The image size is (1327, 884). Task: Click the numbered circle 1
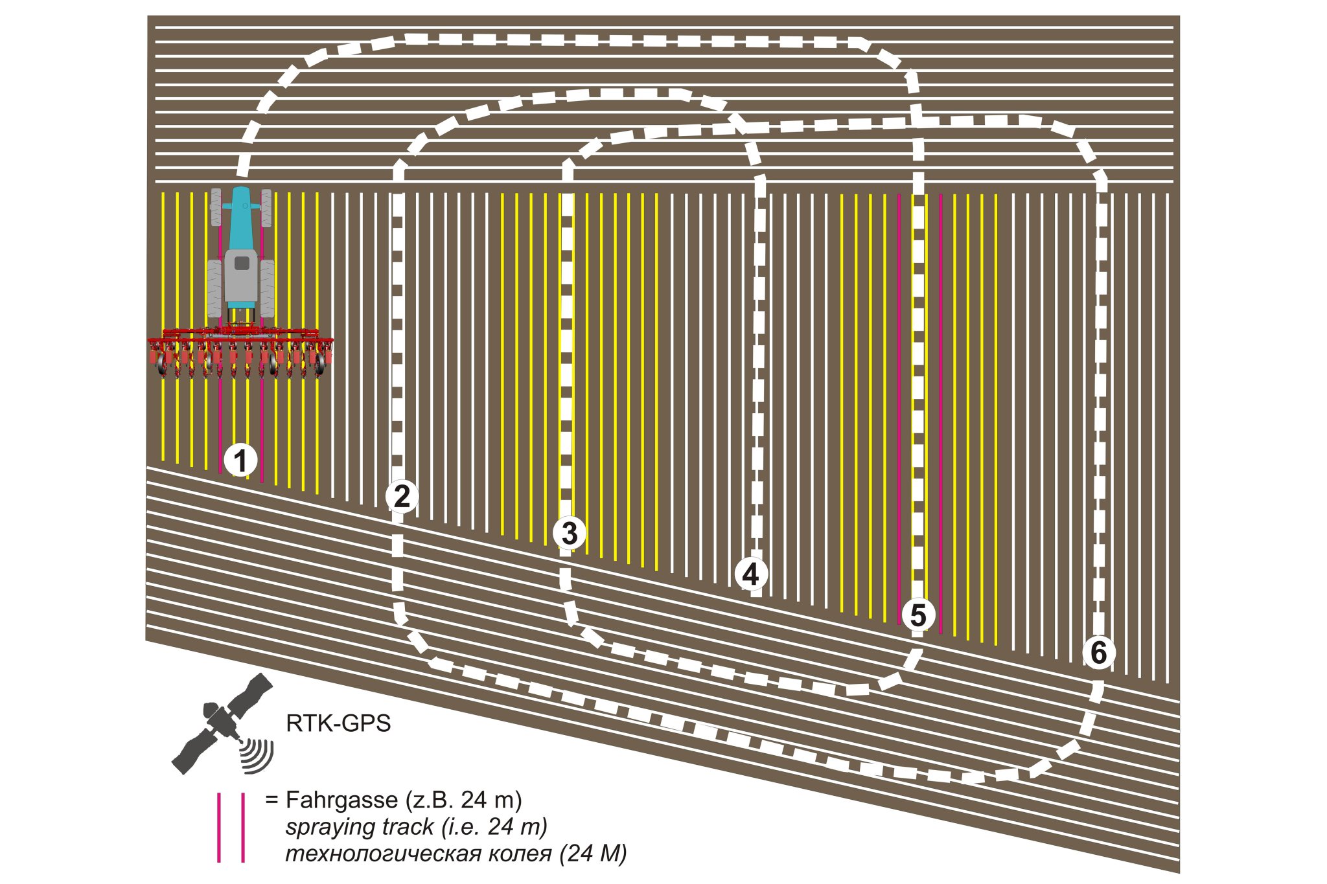(240, 461)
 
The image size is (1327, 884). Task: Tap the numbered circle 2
(402, 496)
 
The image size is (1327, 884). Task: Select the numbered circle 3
(570, 533)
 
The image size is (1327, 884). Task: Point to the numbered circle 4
(750, 574)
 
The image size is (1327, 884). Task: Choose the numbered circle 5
(918, 615)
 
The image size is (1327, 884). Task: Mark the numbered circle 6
(1099, 652)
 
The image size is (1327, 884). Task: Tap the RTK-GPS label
(338, 723)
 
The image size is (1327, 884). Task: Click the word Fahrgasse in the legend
(341, 800)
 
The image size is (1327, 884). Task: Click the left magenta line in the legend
(219, 828)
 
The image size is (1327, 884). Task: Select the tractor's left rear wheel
(214, 288)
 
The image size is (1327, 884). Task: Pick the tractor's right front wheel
(266, 208)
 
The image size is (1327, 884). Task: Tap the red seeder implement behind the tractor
(240, 353)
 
